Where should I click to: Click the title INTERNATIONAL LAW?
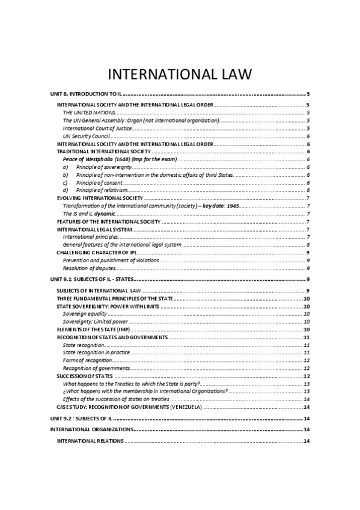pos(180,75)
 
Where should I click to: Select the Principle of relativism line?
pos(99,190)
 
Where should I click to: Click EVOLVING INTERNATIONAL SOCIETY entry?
pos(99,198)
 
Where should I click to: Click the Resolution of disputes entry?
pos(89,268)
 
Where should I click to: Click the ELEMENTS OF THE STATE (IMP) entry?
pos(93,330)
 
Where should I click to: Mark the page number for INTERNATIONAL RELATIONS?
pos(307,441)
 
